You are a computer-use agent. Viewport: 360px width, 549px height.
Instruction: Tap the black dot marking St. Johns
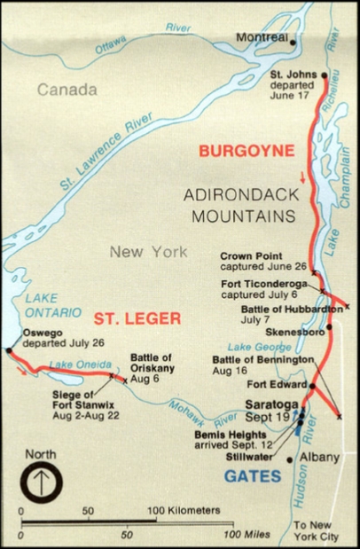pyautogui.click(x=325, y=75)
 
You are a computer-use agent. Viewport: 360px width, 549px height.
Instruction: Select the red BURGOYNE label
pyautogui.click(x=246, y=153)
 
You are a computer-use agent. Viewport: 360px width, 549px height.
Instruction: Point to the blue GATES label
pyautogui.click(x=253, y=476)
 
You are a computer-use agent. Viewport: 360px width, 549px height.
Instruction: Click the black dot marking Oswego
pyautogui.click(x=8, y=351)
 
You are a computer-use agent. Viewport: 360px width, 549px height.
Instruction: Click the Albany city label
pyautogui.click(x=319, y=457)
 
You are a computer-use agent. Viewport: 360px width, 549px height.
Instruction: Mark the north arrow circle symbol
pyautogui.click(x=40, y=485)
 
